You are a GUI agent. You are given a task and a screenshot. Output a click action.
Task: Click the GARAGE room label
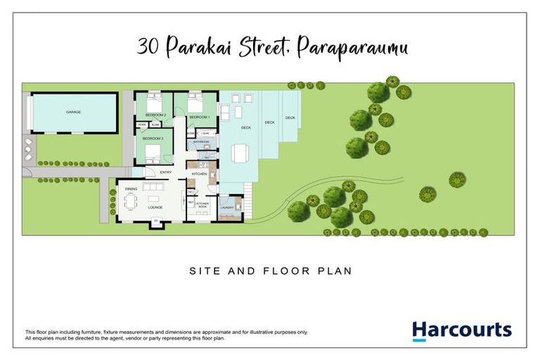(x=72, y=112)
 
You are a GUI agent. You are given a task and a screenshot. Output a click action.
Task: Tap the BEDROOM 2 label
(x=155, y=114)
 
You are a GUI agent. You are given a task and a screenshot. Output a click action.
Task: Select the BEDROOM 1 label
(x=200, y=117)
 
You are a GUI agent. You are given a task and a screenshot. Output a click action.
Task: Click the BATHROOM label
(x=202, y=142)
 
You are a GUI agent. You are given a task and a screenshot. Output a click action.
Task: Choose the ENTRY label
(x=166, y=172)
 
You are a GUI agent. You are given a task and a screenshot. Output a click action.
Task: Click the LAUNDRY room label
(x=227, y=207)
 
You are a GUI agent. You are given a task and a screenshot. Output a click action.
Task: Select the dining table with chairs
(x=131, y=202)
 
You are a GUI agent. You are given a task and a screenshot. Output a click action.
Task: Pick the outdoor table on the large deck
(x=240, y=153)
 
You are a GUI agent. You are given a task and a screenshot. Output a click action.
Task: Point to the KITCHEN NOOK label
(x=202, y=205)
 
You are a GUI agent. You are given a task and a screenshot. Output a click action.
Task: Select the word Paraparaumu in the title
(x=352, y=49)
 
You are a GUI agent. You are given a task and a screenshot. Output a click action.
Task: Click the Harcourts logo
(x=461, y=330)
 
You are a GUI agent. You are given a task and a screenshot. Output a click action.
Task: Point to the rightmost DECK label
(x=290, y=117)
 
